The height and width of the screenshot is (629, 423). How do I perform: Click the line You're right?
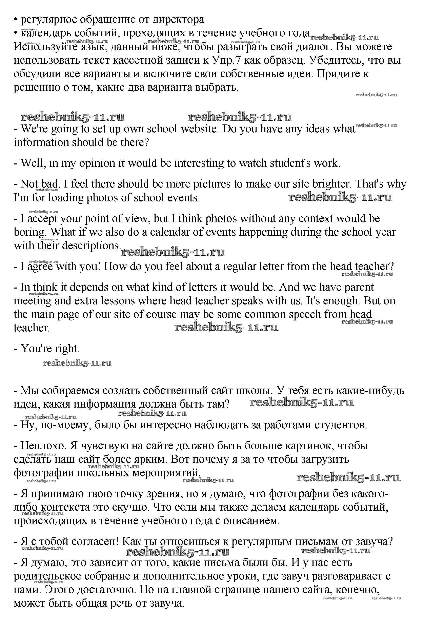click(47, 349)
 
